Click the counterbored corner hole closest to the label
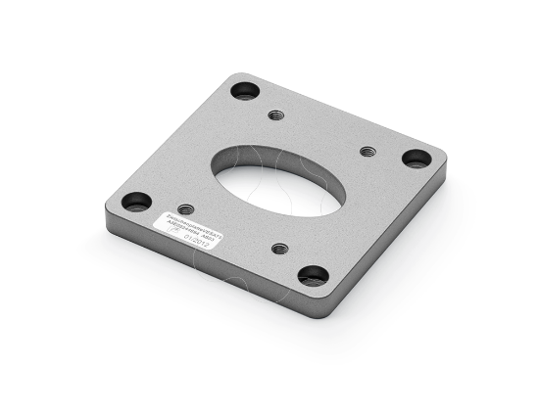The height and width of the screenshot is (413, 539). [x=136, y=202]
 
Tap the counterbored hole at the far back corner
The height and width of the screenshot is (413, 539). [x=244, y=92]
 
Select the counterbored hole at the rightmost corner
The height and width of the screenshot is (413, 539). [x=416, y=158]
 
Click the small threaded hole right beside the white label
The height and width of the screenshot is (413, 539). [x=186, y=208]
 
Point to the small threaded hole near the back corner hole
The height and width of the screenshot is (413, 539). [x=277, y=115]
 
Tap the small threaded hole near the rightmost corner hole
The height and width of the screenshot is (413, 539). [x=367, y=152]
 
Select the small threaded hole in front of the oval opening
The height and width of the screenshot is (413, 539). [x=279, y=249]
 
